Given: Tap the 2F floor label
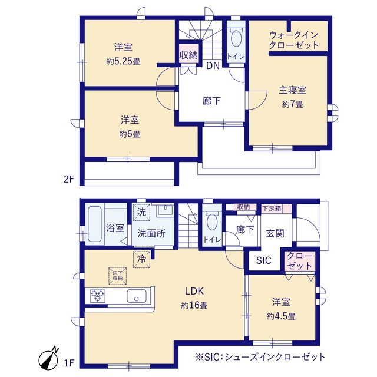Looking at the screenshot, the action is pyautogui.click(x=69, y=179).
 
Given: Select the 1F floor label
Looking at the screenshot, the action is pyautogui.click(x=68, y=363).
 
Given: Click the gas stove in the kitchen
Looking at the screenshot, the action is pyautogui.click(x=98, y=296).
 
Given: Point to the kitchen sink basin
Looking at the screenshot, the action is pyautogui.click(x=136, y=296).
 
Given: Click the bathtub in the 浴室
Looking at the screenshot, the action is pyautogui.click(x=95, y=224).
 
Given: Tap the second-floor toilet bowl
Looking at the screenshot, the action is pyautogui.click(x=236, y=38).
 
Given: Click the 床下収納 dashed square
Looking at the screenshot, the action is pyautogui.click(x=118, y=276).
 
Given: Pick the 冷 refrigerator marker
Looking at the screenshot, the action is pyautogui.click(x=141, y=259).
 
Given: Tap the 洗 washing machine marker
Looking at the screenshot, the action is pyautogui.click(x=141, y=212).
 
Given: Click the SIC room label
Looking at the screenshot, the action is pyautogui.click(x=264, y=260).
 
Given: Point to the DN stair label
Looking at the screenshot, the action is pyautogui.click(x=213, y=65).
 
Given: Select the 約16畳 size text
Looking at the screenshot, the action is pyautogui.click(x=194, y=306).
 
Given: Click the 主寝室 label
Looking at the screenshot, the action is pyautogui.click(x=293, y=90).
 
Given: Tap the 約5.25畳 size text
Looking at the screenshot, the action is pyautogui.click(x=123, y=62).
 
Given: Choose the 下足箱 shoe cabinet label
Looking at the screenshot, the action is pyautogui.click(x=272, y=209).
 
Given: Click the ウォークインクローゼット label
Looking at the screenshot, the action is pyautogui.click(x=293, y=40).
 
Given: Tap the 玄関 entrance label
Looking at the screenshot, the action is pyautogui.click(x=275, y=233).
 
